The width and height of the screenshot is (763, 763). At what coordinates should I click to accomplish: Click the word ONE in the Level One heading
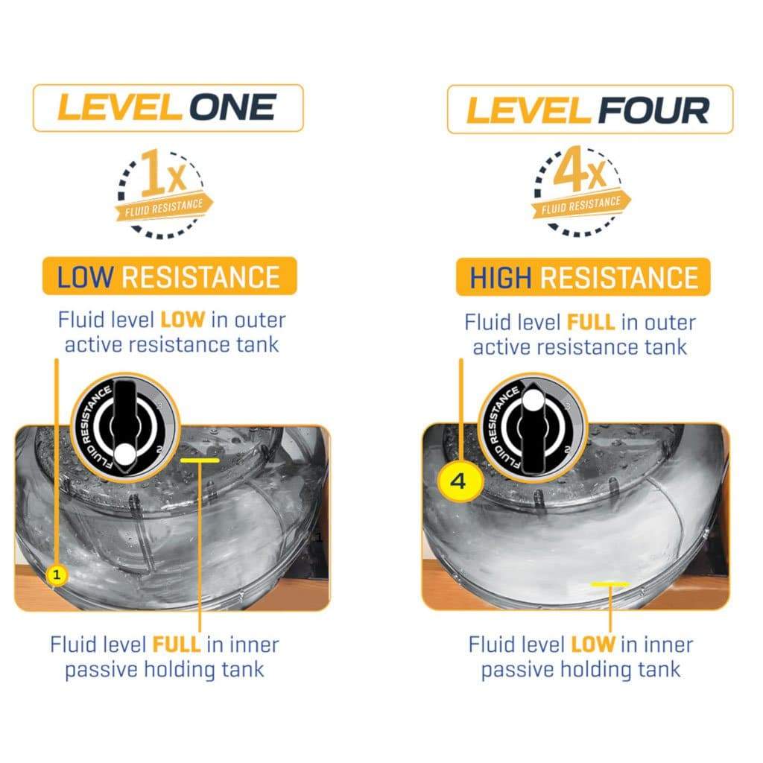tap(232, 107)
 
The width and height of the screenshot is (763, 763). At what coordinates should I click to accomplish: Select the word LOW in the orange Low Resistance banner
tap(86, 277)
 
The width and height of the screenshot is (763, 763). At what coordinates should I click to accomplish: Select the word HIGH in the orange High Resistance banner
tap(500, 278)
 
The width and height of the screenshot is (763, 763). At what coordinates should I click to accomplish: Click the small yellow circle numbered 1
tap(57, 574)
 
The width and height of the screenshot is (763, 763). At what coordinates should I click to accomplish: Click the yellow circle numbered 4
tap(458, 482)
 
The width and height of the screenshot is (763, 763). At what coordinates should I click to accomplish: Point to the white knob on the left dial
tap(124, 455)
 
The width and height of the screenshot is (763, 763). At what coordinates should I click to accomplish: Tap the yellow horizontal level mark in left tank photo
tap(200, 460)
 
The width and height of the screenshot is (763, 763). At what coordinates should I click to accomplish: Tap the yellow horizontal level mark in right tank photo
tap(610, 583)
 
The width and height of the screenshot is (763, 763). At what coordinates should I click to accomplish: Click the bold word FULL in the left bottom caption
tap(176, 645)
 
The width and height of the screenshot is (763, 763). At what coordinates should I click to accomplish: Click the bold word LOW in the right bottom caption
tap(592, 645)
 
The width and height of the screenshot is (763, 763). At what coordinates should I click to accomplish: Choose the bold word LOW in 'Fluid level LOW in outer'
tap(183, 320)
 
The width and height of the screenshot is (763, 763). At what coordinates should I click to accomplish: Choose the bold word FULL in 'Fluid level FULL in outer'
tap(591, 323)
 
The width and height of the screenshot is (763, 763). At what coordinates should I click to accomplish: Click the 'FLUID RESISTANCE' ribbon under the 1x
tap(164, 208)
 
